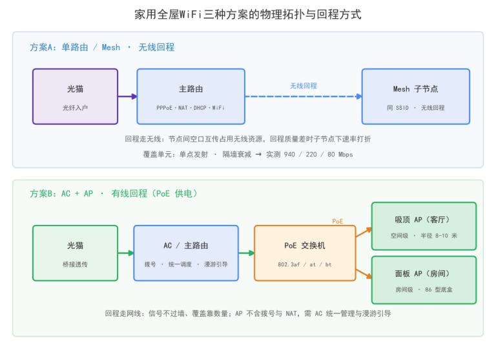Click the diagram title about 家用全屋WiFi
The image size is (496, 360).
(248, 14)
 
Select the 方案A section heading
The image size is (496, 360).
(102, 47)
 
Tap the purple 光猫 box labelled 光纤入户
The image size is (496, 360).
(76, 96)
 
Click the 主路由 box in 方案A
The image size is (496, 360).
(191, 96)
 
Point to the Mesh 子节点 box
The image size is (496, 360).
(416, 96)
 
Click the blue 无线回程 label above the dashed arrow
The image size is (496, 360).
(304, 86)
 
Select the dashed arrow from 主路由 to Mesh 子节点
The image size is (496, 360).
(304, 96)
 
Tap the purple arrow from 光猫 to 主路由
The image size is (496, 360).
(127, 96)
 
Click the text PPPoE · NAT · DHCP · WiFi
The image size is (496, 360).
(191, 108)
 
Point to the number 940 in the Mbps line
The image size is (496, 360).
(289, 154)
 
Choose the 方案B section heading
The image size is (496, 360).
(114, 193)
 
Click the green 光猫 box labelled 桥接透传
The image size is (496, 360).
(76, 253)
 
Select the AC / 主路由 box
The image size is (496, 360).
(186, 253)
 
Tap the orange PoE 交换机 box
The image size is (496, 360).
(305, 253)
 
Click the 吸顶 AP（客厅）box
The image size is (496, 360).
(424, 226)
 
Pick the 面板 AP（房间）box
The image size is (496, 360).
(424, 280)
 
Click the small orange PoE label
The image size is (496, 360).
(338, 221)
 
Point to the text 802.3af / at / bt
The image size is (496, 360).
(305, 264)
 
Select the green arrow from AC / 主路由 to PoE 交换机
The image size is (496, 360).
(247, 253)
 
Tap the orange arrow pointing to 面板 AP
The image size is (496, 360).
(364, 274)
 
